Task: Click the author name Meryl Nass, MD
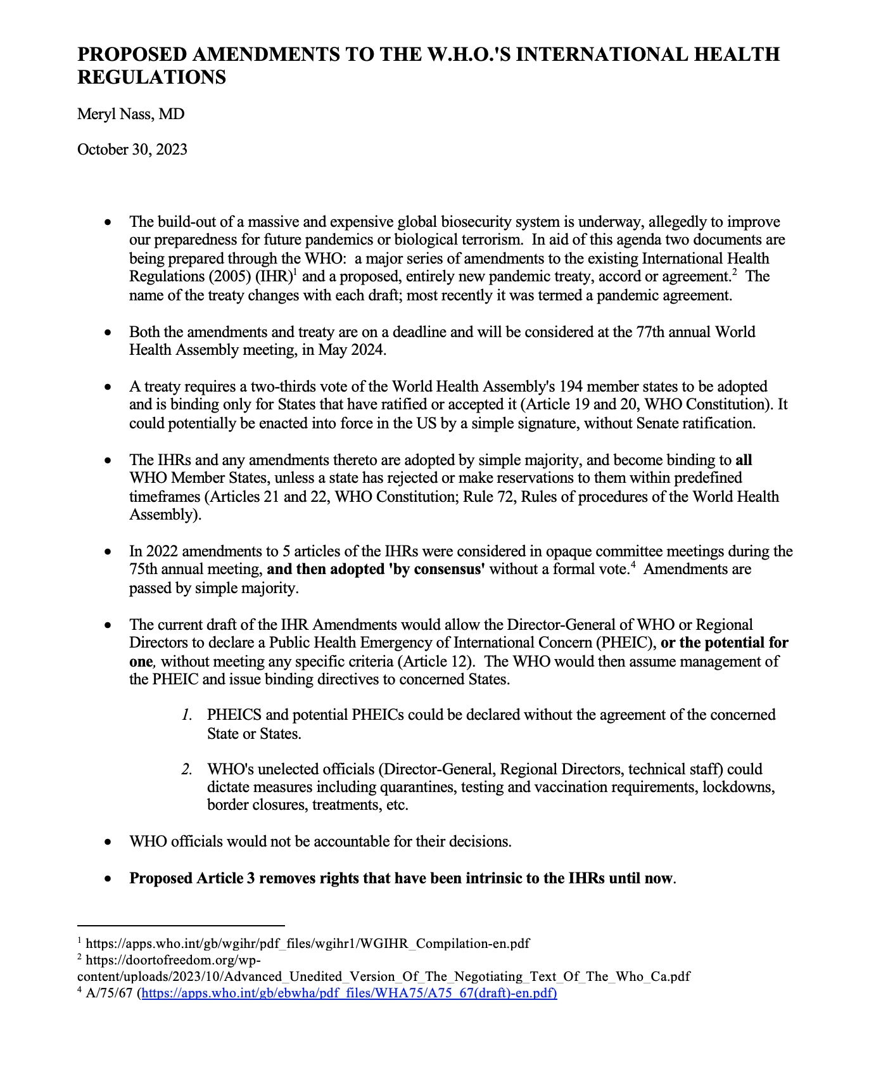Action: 130,114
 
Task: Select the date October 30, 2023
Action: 132,150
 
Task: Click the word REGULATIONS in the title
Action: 151,77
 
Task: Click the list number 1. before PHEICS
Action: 186,715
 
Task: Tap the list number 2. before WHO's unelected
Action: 186,769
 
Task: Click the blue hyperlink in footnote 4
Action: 349,993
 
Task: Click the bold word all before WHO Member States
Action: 744,460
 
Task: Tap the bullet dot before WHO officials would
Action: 109,842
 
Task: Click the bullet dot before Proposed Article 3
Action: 109,879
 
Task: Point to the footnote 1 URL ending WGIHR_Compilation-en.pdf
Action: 307,943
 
